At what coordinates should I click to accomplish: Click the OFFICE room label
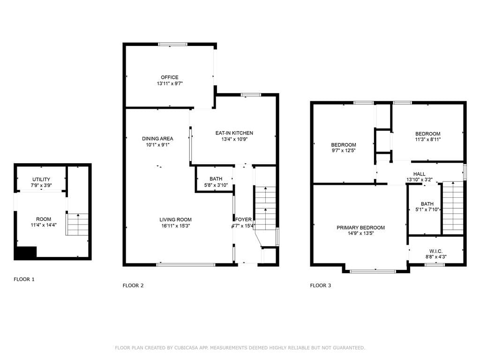(x=170, y=77)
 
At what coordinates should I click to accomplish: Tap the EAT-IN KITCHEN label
(x=234, y=133)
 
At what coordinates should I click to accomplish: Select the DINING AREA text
(x=157, y=139)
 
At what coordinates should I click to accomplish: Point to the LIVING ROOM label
(x=175, y=220)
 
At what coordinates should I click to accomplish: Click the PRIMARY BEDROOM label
(x=360, y=228)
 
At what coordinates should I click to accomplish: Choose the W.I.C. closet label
(x=435, y=251)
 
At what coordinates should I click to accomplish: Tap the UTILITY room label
(x=41, y=180)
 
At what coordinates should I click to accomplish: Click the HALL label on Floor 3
(x=419, y=174)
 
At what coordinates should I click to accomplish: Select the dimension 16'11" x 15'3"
(x=176, y=226)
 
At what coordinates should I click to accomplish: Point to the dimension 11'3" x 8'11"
(x=427, y=140)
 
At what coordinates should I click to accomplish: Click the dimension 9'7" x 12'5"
(x=344, y=150)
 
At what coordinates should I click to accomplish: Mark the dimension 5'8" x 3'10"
(x=216, y=185)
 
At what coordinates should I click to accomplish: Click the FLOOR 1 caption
(x=24, y=279)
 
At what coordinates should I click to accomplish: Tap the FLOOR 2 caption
(x=133, y=285)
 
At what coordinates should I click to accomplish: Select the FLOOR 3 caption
(x=321, y=285)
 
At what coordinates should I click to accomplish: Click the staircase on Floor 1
(x=77, y=225)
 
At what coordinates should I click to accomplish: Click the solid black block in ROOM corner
(x=25, y=253)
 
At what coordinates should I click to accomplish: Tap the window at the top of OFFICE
(x=172, y=45)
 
